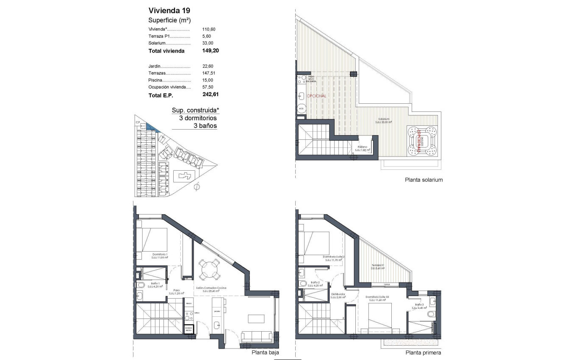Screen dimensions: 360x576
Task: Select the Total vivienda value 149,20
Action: pos(210,51)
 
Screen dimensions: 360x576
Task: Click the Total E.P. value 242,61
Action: pos(210,95)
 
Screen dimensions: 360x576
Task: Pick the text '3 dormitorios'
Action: pos(198,118)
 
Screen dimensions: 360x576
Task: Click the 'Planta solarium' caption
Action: pos(424,180)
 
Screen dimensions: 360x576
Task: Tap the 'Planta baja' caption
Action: pos(265,352)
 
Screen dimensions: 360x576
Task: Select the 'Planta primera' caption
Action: pos(423,352)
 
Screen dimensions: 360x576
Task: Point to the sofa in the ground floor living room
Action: pos(257,337)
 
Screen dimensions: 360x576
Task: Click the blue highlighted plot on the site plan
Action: pos(152,127)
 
